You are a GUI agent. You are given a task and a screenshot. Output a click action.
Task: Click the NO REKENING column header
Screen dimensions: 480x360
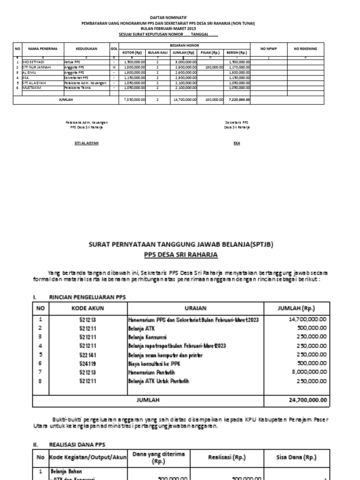pos(306,48)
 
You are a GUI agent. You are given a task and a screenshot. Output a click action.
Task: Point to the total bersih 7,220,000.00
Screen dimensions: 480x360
pos(239,100)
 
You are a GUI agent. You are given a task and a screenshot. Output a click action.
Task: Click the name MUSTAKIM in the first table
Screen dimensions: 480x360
pos(30,88)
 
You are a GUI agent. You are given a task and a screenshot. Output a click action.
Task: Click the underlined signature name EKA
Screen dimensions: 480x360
pos(237,143)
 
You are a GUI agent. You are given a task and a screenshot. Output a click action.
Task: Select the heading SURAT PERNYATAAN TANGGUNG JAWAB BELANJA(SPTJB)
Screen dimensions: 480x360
pos(180,244)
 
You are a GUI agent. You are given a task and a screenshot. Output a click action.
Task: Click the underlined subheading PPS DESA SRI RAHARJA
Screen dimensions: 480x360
pos(180,255)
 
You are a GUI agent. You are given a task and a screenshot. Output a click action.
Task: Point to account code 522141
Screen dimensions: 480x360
pos(85,355)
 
